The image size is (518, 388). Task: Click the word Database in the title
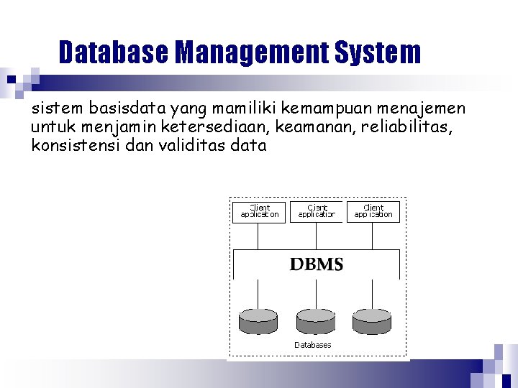click(113, 52)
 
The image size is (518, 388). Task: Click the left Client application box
click(259, 211)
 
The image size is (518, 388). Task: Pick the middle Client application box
click(317, 211)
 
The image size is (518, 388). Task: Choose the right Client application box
click(373, 211)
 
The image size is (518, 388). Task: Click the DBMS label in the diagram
click(317, 264)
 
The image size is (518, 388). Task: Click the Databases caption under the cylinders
click(313, 345)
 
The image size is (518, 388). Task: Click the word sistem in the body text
click(58, 109)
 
